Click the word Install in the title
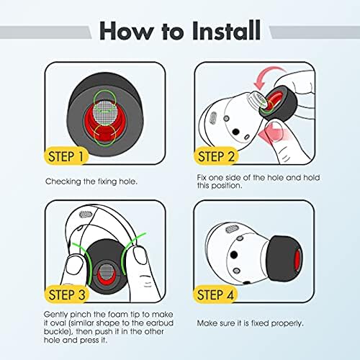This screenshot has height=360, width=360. coord(226,30)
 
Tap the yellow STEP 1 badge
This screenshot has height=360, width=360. coord(66,156)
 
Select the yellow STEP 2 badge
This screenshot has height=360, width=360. coord(216,156)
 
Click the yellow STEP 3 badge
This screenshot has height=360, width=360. coord(66,294)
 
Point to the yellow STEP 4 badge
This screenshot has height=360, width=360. coord(215,294)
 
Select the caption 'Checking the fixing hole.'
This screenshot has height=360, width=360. coord(91,181)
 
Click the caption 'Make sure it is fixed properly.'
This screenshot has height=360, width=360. coord(250,323)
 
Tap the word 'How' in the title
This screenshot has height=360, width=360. coord(127,31)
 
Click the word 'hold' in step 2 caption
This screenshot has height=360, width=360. coord(312,178)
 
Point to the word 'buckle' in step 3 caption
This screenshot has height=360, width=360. coord(56,332)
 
